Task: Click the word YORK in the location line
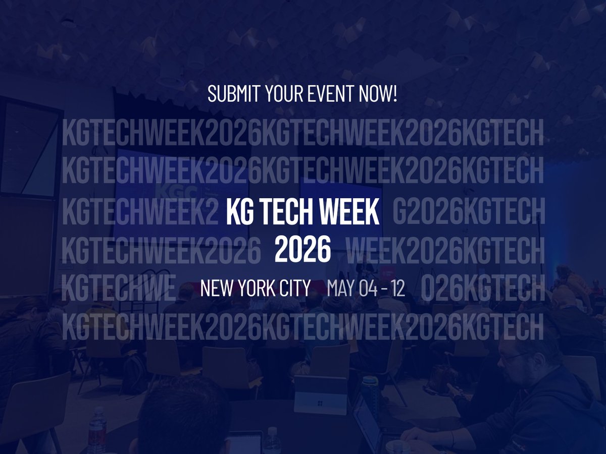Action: click(257, 289)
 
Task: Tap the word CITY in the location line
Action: click(294, 289)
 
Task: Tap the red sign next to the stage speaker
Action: click(384, 273)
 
